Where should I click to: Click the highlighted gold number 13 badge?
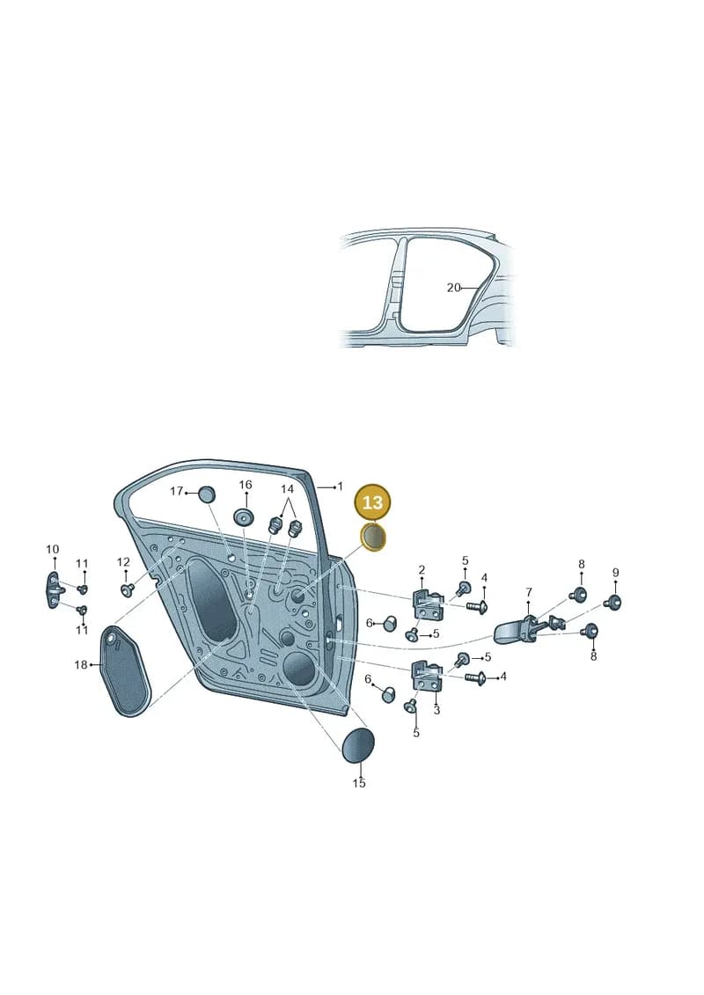pos(372,502)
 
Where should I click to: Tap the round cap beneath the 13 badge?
pos(373,538)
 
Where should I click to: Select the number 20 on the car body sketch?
pos(453,288)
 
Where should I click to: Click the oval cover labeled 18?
pos(127,671)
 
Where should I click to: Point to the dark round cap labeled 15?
pos(359,745)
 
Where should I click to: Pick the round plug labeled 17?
pos(206,494)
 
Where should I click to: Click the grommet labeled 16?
pos(243,516)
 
